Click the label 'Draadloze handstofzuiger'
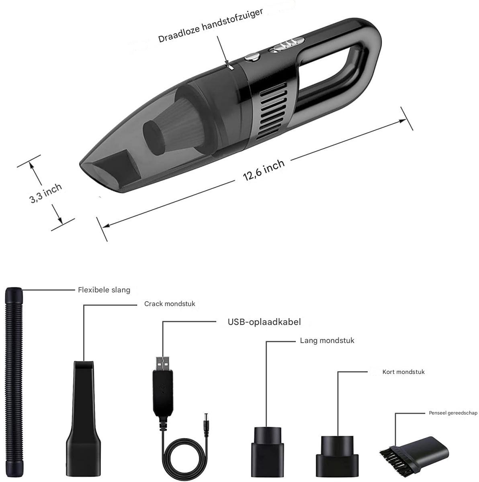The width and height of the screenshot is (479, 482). tap(211, 26)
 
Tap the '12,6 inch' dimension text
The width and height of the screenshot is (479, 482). tap(264, 170)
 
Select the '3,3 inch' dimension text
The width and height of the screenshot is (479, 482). tap(45, 193)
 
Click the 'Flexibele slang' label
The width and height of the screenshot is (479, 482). tap(104, 290)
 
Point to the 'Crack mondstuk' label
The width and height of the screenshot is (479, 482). tap(170, 304)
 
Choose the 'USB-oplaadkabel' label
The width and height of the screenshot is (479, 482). tap(264, 322)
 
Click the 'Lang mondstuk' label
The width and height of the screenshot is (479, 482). tap(327, 341)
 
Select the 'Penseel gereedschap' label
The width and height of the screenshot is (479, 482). tap(453, 413)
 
